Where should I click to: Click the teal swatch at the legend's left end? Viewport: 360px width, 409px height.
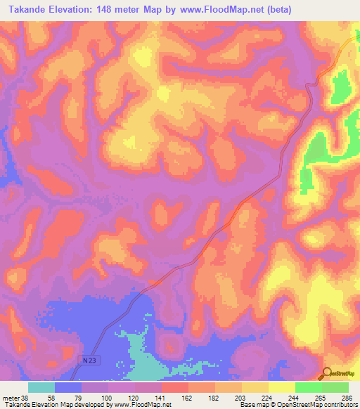click(x=41, y=387)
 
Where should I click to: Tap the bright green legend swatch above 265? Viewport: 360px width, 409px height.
click(x=308, y=387)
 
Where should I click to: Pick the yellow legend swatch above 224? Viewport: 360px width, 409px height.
click(x=255, y=387)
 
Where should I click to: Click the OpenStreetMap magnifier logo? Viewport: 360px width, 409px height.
click(x=326, y=374)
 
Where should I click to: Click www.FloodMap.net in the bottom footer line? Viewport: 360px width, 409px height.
click(x=141, y=405)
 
